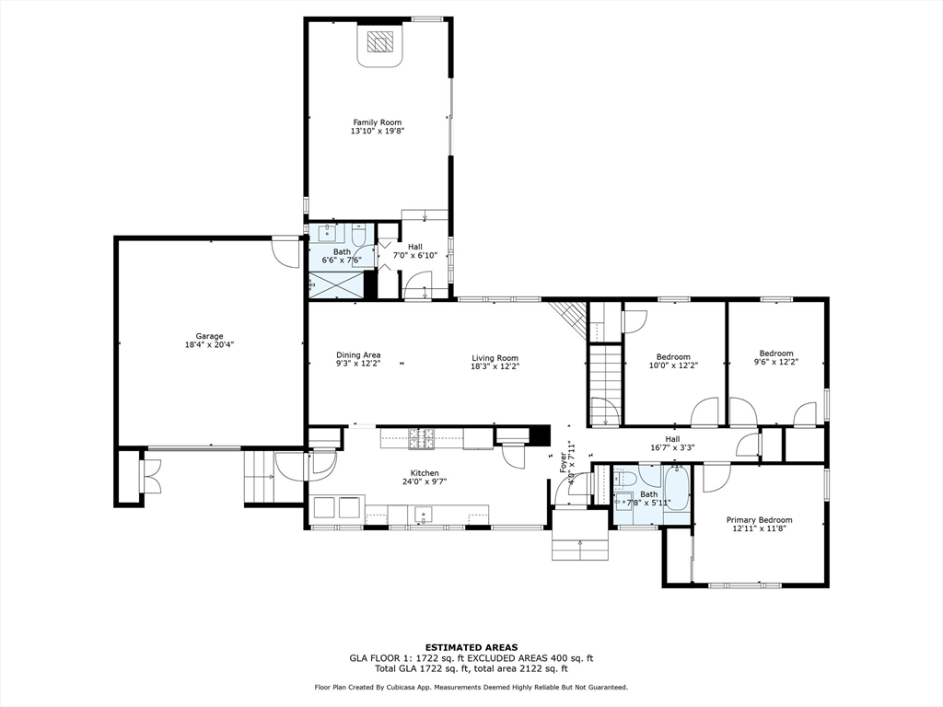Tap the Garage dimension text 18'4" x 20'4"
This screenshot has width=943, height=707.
coord(209,345)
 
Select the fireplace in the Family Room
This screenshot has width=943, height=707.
coord(378,45)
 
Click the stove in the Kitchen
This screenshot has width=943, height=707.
coord(420,439)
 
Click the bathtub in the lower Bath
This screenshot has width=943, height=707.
coord(677,488)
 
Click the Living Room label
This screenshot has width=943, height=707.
coord(495,358)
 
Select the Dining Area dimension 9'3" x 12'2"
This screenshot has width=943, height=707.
coord(358,364)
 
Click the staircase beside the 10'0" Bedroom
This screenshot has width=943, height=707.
coord(604,385)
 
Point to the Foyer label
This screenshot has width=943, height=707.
coord(564,462)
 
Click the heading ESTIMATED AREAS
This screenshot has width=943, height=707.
coord(471,647)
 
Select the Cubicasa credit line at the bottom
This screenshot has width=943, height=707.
coord(471,687)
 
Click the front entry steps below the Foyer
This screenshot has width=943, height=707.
coord(580,534)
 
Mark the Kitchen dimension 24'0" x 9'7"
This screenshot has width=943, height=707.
coord(425,481)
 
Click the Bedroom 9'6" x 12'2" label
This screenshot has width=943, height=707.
coord(775,358)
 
